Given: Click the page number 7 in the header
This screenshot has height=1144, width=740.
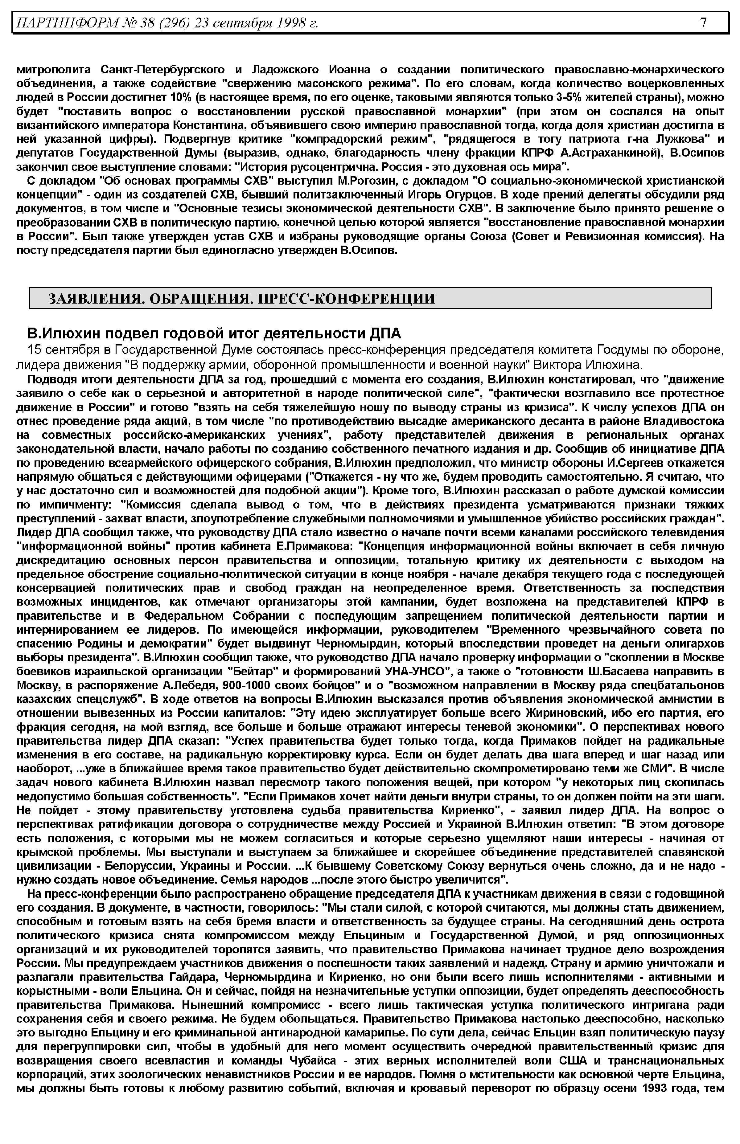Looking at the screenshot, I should [x=703, y=22].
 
